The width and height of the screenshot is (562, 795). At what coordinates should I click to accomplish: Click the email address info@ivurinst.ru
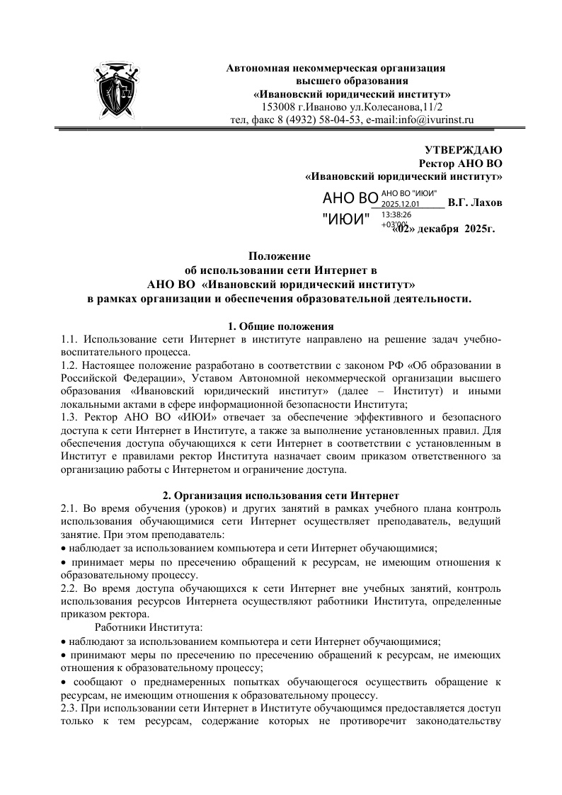pos(428,120)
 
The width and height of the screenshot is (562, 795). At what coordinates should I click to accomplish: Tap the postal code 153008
pos(279,107)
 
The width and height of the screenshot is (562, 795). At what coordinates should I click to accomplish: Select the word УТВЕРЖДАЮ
pos(464,150)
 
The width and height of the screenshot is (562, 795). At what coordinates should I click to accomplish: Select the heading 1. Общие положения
pos(280,326)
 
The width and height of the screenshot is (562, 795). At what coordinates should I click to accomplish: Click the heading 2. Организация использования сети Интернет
pos(280,495)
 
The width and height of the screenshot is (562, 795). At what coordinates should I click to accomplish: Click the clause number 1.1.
pos(71,340)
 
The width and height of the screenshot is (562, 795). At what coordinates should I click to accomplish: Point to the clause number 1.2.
pos(71,366)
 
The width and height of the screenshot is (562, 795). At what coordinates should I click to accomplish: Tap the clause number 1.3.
pos(71,417)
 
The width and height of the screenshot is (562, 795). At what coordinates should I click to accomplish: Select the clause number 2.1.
pos(71,508)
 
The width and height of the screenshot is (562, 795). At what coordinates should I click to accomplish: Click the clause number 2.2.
pos(71,588)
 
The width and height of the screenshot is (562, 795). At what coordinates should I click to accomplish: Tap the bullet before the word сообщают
pos(64,682)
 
